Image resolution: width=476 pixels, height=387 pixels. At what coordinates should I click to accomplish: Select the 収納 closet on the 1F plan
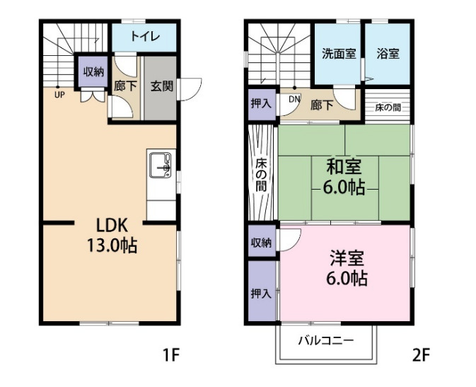point(93,72)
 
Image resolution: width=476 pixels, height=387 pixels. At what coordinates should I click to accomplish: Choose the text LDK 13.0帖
point(111,236)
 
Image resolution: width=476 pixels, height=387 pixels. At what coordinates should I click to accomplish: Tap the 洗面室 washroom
point(338,54)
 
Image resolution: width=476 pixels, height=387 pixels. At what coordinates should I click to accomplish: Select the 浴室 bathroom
point(386,54)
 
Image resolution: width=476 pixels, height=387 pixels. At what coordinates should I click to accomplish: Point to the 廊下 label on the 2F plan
point(322,105)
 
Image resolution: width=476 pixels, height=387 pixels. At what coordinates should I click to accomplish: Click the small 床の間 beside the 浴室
point(388,108)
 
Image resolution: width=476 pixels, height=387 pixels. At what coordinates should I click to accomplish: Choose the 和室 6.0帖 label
point(344,178)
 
